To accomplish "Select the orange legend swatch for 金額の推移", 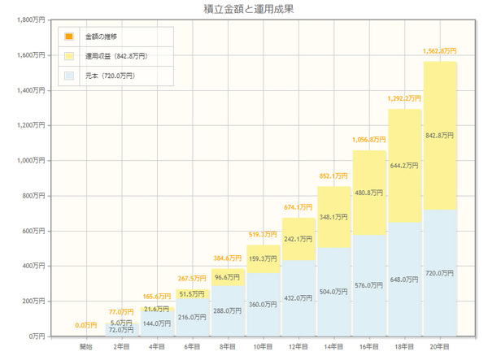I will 69,37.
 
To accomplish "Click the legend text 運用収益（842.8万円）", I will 116,56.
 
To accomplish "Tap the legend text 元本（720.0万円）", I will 110,76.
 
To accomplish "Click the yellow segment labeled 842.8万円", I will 440,135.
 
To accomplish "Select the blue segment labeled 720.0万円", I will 440,272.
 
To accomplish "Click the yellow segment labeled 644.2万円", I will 405,166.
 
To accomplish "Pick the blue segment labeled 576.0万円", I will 369,285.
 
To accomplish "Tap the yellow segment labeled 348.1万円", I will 334,217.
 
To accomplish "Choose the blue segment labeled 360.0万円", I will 264,304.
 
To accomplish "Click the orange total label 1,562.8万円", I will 440,51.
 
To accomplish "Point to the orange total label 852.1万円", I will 334,176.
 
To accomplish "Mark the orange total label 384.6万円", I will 229,258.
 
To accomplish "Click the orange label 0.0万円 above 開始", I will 86,325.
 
